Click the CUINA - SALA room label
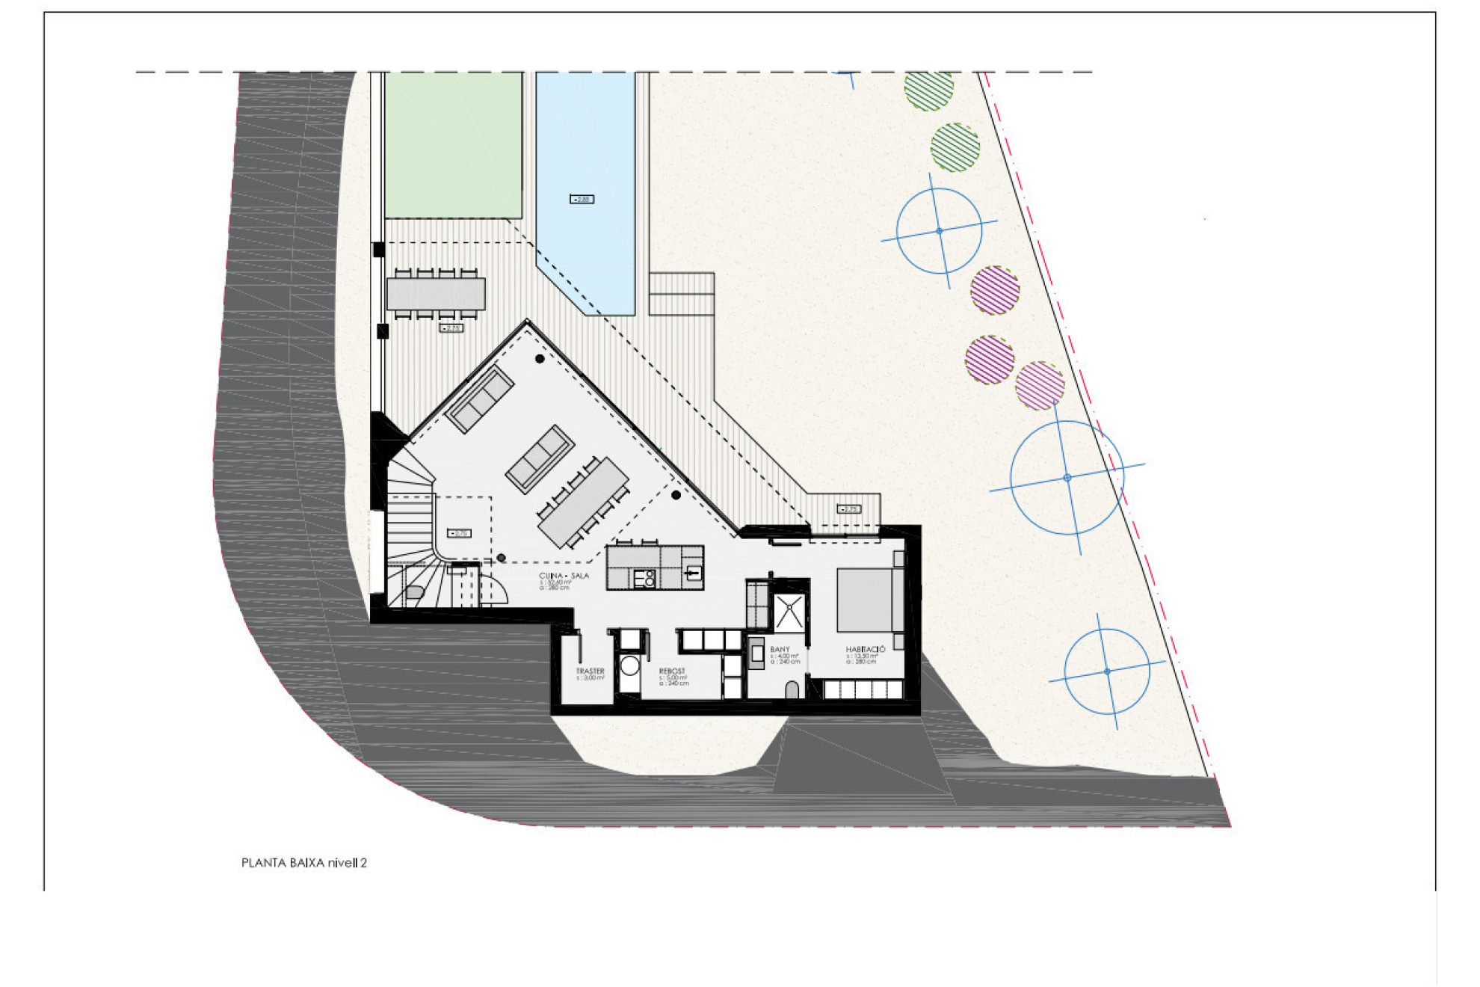tap(564, 576)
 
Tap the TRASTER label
tap(590, 671)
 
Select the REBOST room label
tap(671, 671)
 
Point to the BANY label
tap(780, 650)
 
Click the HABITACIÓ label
tap(866, 650)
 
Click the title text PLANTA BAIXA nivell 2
tap(303, 863)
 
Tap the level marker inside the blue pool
tap(582, 199)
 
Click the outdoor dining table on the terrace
tap(436, 294)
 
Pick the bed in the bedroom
tap(867, 600)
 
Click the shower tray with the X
tap(789, 612)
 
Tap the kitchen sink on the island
tap(693, 574)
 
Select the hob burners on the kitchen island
tap(644, 578)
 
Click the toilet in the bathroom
tap(792, 689)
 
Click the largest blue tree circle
tap(1067, 477)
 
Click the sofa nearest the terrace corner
tap(479, 399)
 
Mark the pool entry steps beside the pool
tap(681, 294)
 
